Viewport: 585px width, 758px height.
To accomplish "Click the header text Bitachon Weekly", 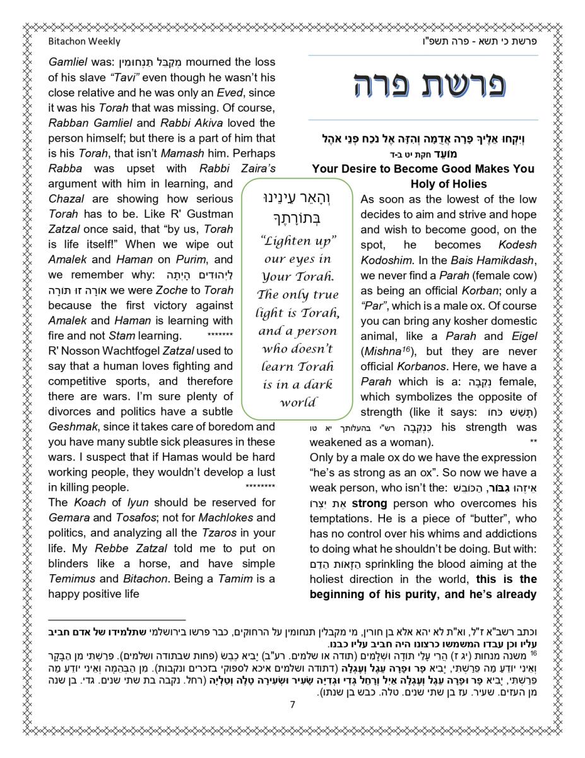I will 84,42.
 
